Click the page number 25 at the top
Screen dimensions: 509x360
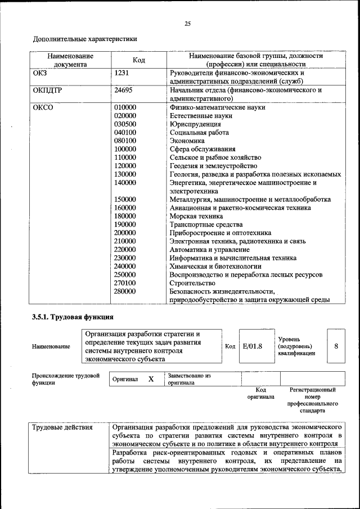187,23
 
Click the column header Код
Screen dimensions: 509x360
139,60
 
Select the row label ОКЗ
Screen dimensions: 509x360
41,73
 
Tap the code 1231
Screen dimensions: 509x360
123,73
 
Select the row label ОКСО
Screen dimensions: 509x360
43,107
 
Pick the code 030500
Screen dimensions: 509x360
125,124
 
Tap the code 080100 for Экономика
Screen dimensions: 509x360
125,141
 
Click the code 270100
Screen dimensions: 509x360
125,283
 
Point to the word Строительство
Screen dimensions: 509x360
192,283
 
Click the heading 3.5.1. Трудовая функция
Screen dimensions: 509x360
73,317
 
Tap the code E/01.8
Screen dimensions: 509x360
253,346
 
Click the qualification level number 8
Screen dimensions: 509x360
336,346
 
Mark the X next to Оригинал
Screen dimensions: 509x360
151,379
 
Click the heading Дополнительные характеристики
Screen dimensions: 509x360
85,39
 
